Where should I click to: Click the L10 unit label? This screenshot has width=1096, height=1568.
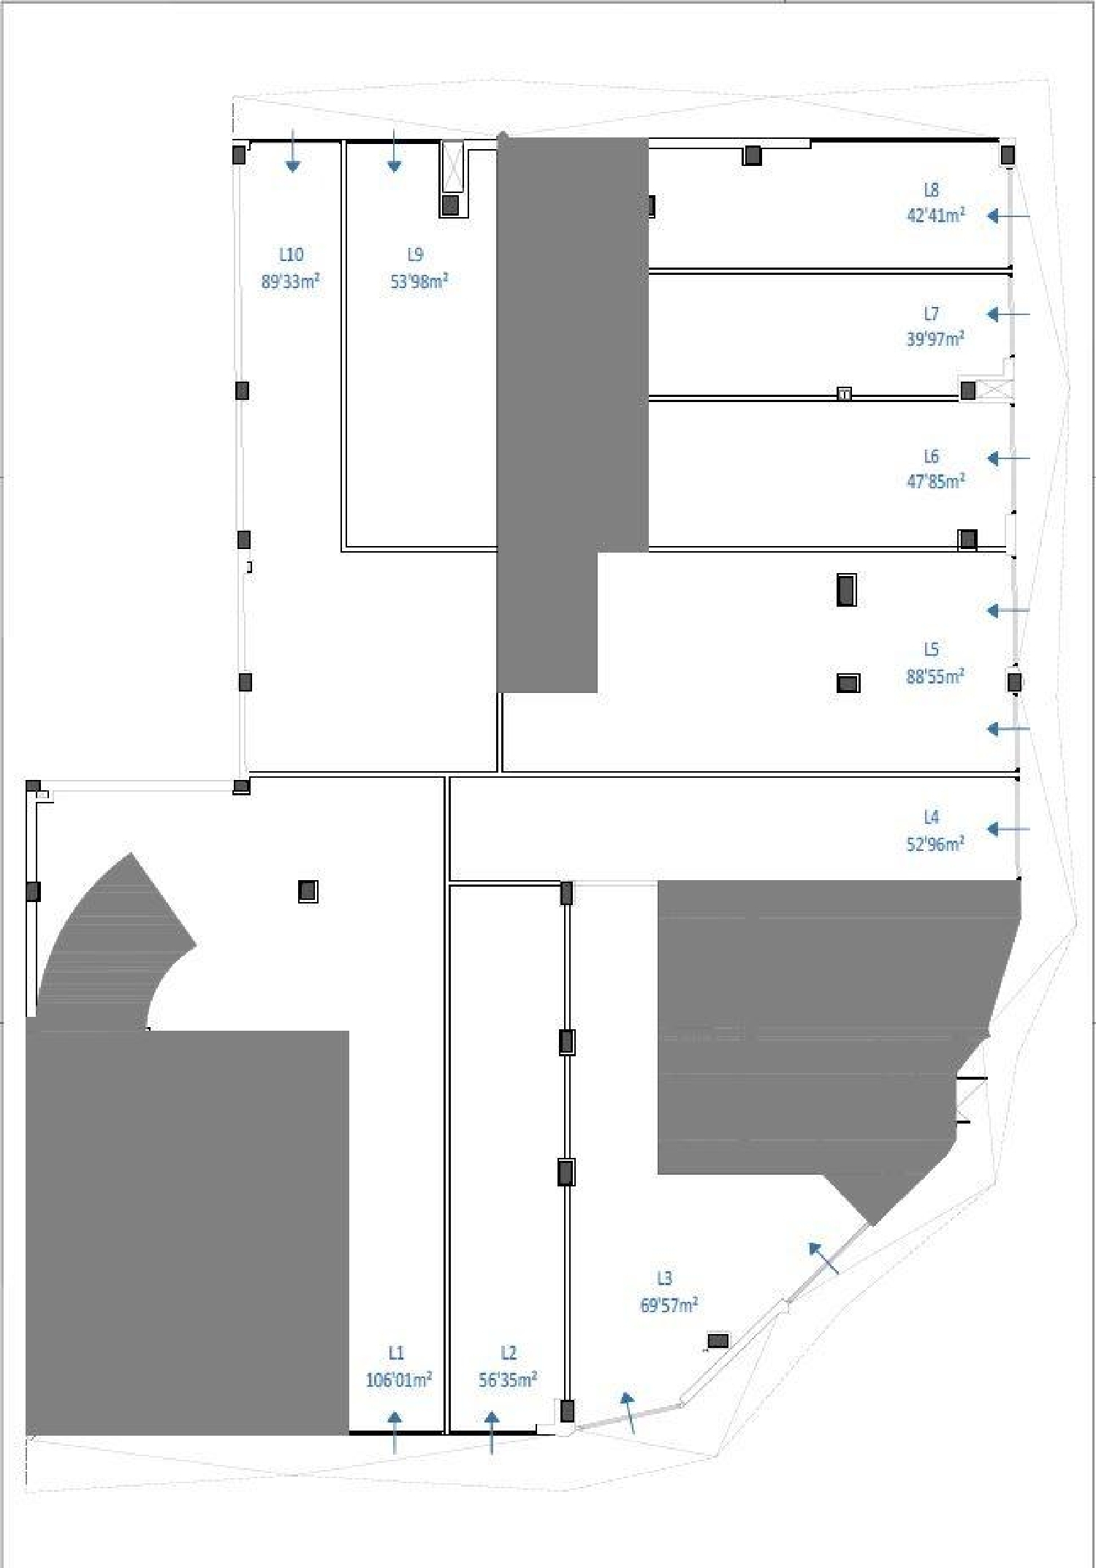291,254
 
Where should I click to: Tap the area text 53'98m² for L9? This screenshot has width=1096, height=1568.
419,281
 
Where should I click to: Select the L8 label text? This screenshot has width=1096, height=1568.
931,190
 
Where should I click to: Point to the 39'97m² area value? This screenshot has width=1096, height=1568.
935,339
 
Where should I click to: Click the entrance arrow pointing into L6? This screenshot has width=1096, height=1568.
1008,458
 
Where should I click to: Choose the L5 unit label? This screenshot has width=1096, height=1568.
931,649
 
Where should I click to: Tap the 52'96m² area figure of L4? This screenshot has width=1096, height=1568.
935,844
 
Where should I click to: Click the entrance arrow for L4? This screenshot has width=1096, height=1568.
1008,829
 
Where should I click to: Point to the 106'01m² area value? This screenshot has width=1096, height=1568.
398,1380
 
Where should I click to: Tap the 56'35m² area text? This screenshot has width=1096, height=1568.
508,1380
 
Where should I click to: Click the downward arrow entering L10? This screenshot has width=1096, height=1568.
292,151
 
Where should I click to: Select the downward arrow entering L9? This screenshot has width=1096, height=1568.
394,151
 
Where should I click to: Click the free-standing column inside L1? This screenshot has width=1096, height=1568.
308,891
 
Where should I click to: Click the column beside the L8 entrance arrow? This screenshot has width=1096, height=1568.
1008,155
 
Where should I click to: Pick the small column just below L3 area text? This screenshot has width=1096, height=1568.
718,1341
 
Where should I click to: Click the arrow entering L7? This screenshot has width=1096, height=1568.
1008,314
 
